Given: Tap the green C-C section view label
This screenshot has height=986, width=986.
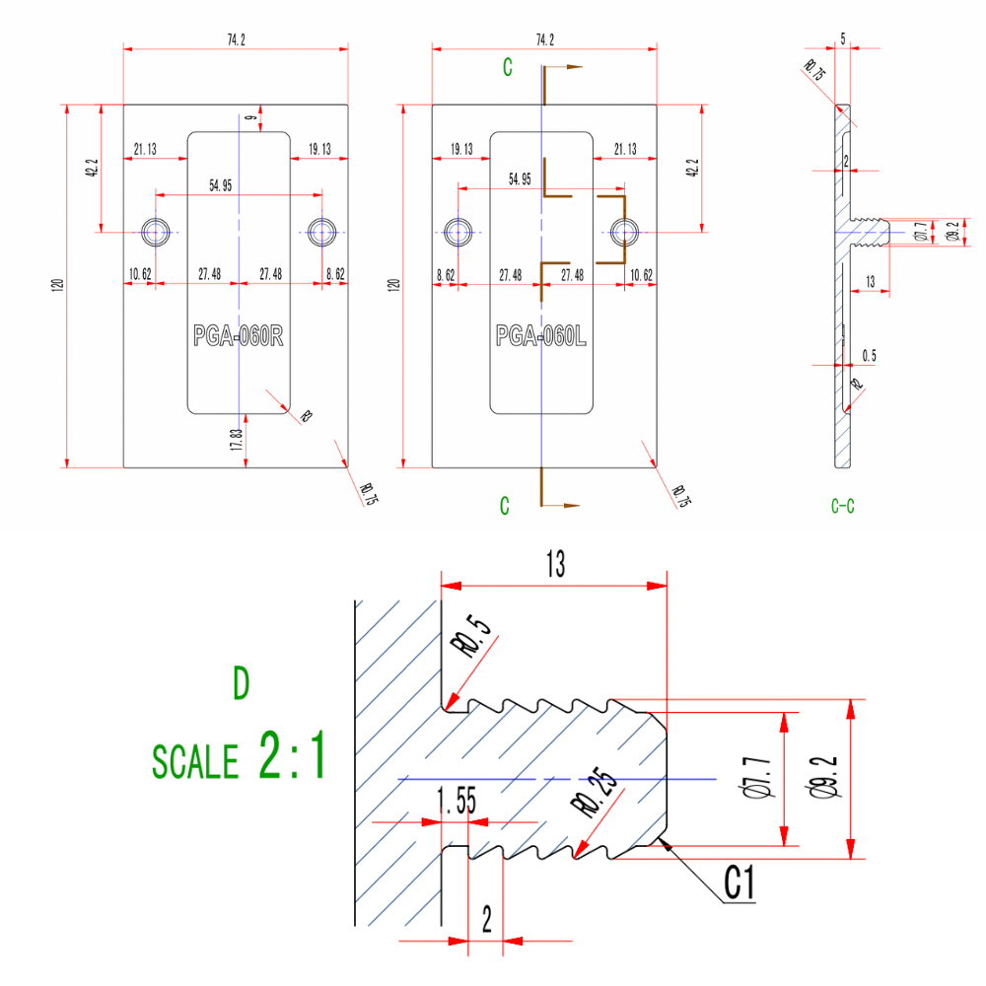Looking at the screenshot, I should pyautogui.click(x=842, y=506).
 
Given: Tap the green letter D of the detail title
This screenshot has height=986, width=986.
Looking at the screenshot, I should pyautogui.click(x=240, y=684).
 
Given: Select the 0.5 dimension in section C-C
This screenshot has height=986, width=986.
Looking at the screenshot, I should pyautogui.click(x=869, y=355).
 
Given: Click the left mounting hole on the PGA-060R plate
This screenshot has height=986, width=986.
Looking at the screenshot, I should pyautogui.click(x=156, y=232).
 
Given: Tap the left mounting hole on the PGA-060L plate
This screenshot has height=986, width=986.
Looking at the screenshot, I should pyautogui.click(x=458, y=232).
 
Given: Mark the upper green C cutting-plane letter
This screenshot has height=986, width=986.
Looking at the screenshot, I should pyautogui.click(x=507, y=68).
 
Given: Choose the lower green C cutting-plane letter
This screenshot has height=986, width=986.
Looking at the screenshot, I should pyautogui.click(x=504, y=506).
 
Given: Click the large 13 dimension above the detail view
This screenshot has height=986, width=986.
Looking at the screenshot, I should pyautogui.click(x=555, y=564).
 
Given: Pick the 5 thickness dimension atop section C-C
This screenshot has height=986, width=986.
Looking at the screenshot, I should pyautogui.click(x=843, y=37).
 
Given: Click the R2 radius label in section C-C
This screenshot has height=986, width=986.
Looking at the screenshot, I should pyautogui.click(x=857, y=385).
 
